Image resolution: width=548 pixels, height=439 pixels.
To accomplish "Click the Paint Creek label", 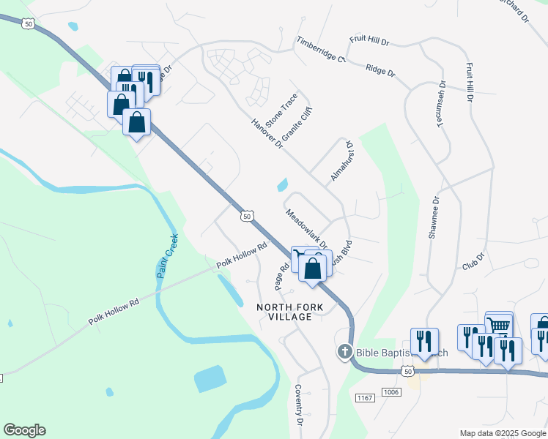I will [167, 255].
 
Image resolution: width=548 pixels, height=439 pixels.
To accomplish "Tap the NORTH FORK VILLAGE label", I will [285, 312].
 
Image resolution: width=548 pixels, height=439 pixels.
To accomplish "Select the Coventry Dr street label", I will [299, 405].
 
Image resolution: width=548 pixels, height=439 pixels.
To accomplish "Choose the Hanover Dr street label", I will [267, 134].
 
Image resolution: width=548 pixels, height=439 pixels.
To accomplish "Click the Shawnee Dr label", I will [434, 217].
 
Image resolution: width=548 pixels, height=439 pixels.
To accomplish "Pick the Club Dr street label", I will [474, 261].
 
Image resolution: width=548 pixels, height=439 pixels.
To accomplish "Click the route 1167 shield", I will [364, 397].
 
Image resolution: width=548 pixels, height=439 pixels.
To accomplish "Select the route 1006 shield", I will [392, 392].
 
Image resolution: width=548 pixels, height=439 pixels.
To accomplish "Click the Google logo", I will [24, 430].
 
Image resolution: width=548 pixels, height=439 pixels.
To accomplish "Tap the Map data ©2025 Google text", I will [503, 433].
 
